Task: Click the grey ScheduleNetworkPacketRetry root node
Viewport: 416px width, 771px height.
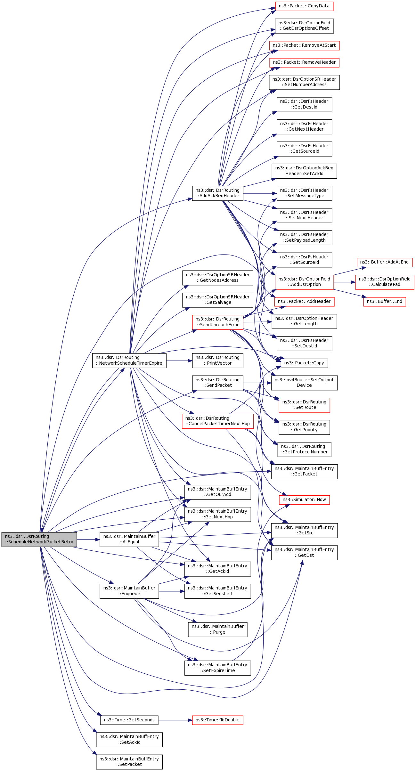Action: (x=39, y=539)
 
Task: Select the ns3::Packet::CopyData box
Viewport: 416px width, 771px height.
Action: (x=304, y=6)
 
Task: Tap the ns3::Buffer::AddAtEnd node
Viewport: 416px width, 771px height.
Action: (x=384, y=262)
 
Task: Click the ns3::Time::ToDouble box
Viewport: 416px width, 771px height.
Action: (x=217, y=720)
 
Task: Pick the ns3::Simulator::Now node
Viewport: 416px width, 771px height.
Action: (x=304, y=499)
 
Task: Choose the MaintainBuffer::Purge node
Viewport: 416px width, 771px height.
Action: (x=217, y=629)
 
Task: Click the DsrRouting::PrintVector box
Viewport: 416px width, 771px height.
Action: (x=217, y=361)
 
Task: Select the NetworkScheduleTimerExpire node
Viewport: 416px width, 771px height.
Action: (x=129, y=361)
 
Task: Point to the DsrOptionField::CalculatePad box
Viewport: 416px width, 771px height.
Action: (x=384, y=282)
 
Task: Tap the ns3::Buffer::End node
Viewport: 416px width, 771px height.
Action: (x=384, y=302)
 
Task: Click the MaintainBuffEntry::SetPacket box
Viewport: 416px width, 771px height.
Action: (x=129, y=762)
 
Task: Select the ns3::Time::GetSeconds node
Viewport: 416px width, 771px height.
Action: (x=129, y=720)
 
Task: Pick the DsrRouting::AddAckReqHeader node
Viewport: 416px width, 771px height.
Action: (x=217, y=193)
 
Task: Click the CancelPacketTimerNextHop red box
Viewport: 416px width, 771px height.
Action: (x=217, y=421)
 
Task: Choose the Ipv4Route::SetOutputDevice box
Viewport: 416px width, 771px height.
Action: (x=304, y=383)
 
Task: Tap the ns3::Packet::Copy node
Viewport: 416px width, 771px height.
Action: (x=304, y=363)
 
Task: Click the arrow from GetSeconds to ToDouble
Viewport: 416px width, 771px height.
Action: (x=175, y=720)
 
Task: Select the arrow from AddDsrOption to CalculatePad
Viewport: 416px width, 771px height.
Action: (x=344, y=282)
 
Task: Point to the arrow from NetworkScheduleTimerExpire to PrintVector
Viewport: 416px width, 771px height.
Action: (x=179, y=361)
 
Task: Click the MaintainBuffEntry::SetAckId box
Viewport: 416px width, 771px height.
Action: (x=129, y=740)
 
